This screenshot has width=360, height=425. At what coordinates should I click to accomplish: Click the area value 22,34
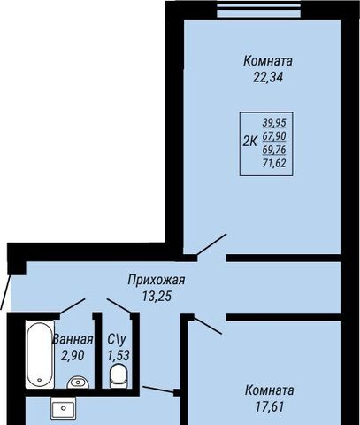tap(268, 77)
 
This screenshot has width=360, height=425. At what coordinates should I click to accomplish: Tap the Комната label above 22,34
tap(268, 61)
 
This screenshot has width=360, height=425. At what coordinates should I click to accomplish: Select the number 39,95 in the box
tap(274, 122)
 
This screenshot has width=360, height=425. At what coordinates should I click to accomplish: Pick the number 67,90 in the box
tap(274, 136)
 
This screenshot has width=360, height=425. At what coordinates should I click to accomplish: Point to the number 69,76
tap(274, 150)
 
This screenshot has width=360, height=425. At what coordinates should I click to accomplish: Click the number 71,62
tap(274, 163)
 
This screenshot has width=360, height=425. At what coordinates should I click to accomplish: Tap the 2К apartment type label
tap(250, 142)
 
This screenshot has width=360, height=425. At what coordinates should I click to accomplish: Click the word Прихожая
tap(157, 280)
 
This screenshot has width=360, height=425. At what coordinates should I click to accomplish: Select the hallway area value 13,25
tap(157, 296)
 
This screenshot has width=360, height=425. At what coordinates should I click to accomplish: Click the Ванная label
tap(73, 339)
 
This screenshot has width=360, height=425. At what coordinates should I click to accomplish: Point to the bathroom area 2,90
tap(73, 356)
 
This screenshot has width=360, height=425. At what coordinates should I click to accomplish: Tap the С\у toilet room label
tap(117, 340)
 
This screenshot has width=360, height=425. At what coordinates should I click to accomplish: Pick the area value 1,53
tap(119, 356)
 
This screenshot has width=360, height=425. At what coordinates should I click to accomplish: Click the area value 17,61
tap(269, 406)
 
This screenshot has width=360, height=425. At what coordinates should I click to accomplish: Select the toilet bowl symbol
tap(119, 375)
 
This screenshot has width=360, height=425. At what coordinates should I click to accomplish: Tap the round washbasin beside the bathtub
tap(78, 382)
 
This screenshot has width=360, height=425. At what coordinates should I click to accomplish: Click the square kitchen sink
tap(64, 408)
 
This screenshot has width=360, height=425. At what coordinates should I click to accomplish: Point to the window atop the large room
tap(259, 10)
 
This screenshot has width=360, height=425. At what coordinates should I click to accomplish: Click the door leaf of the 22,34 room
tap(211, 244)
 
